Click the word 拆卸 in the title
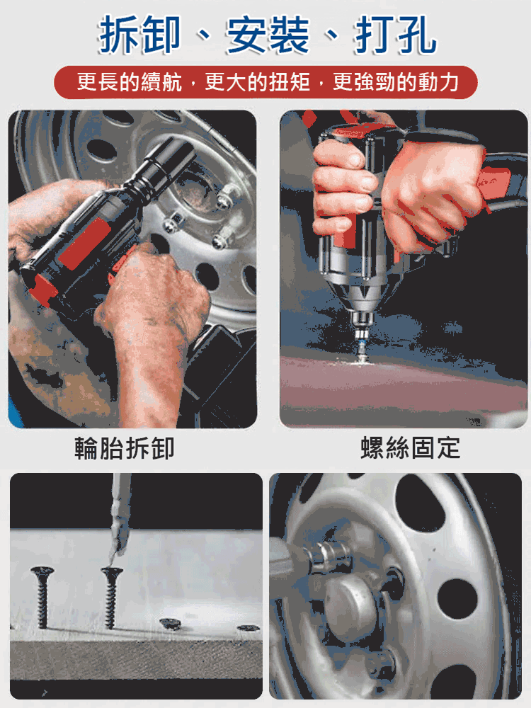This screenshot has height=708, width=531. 140,35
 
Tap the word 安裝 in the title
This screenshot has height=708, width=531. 267,35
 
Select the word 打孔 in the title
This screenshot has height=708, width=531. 395,35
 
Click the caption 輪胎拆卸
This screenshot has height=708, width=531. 125,448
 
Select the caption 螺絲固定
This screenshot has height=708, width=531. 410,448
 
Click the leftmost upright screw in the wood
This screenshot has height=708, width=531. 42,595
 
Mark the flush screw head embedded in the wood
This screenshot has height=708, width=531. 169,623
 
